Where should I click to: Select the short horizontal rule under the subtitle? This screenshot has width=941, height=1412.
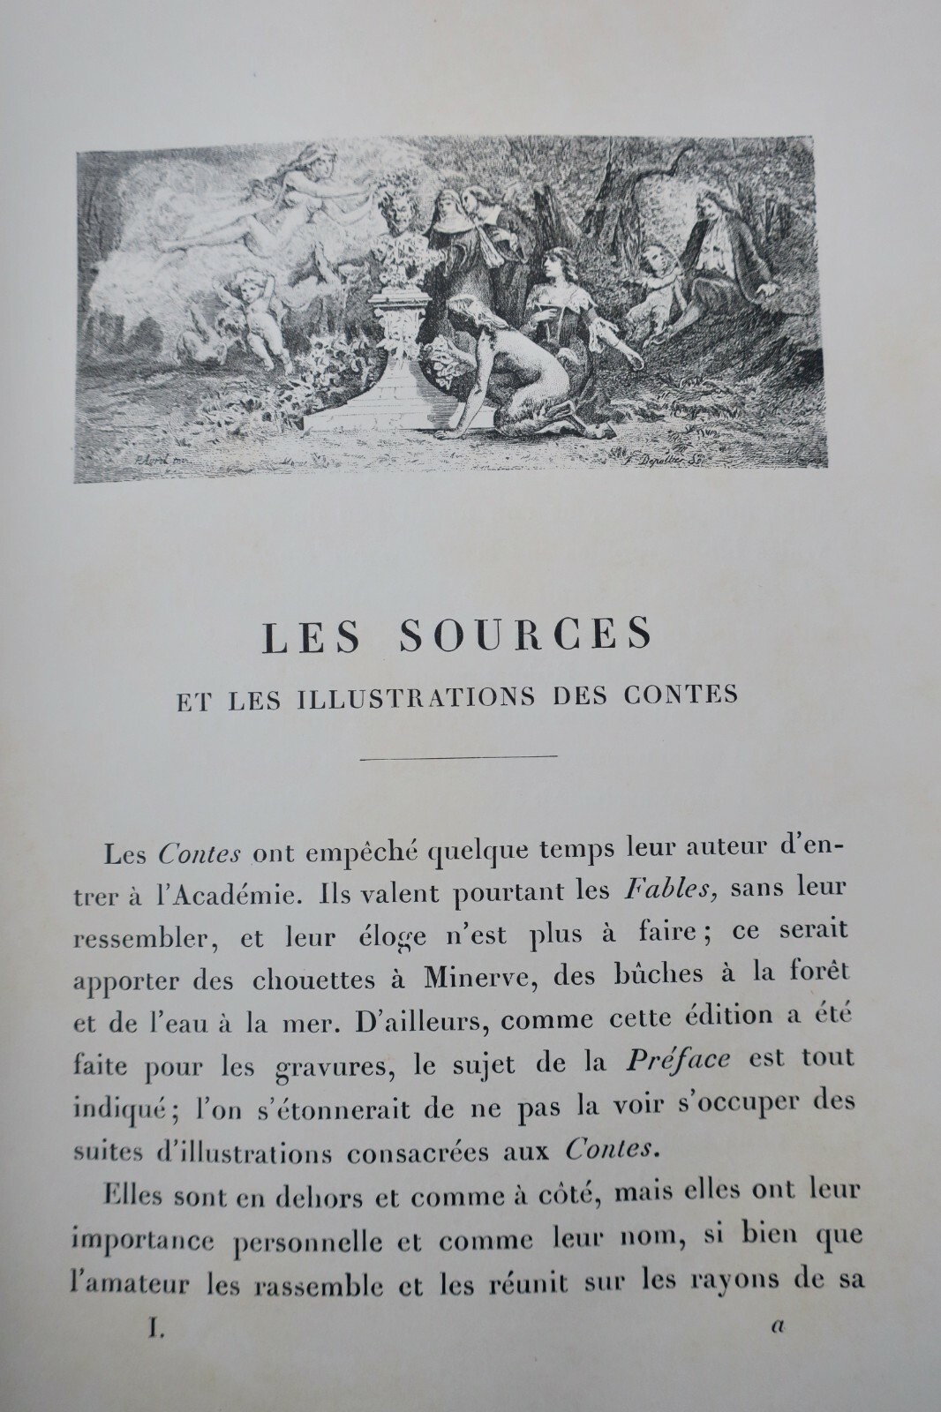point(460,755)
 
